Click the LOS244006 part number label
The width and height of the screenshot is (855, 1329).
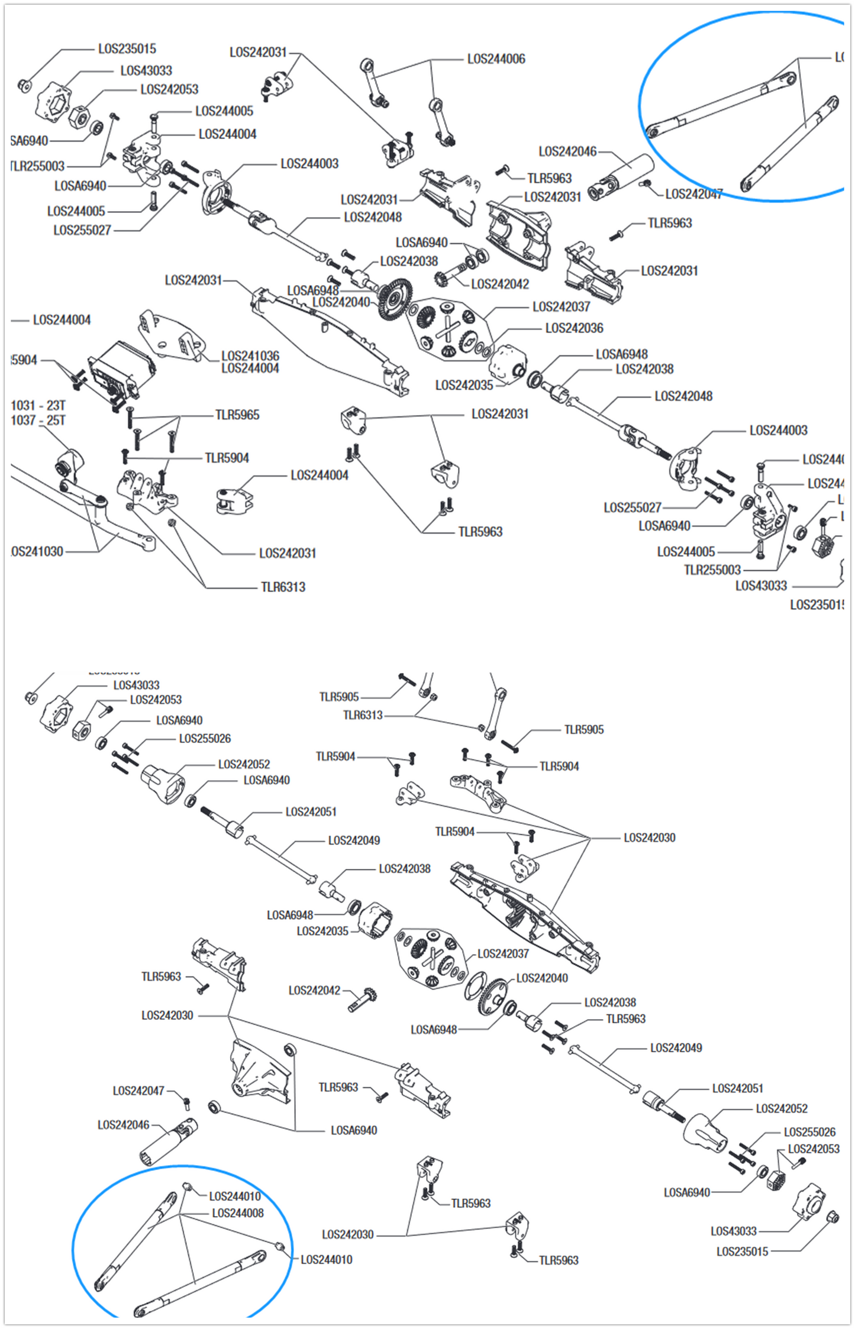point(496,59)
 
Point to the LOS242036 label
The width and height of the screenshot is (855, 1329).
point(573,328)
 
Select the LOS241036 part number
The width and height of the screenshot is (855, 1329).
point(250,355)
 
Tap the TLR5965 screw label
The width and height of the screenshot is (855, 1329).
point(237,415)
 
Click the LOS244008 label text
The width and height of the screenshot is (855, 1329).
point(237,1212)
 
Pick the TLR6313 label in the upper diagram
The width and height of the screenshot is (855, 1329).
point(283,587)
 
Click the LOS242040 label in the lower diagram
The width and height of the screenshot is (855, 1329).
point(541,978)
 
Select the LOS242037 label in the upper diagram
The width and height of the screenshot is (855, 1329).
point(561,307)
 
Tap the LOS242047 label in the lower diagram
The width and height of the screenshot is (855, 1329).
point(138,1091)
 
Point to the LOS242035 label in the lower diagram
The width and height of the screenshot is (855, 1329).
point(322,932)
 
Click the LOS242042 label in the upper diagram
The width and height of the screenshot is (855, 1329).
point(499,284)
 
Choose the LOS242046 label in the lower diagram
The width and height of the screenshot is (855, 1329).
point(123,1124)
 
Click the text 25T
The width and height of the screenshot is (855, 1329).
point(56,421)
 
